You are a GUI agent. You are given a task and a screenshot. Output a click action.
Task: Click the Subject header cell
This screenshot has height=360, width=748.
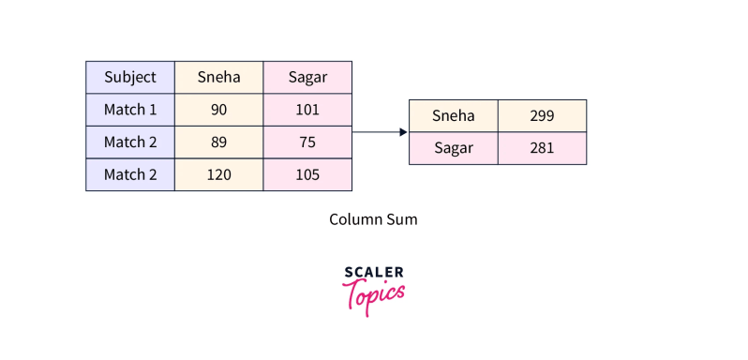tap(130, 77)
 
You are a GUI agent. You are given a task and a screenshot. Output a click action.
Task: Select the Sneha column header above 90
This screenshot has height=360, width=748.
tap(218, 77)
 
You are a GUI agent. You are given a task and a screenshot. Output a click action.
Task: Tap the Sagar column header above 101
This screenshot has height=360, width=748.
tap(307, 77)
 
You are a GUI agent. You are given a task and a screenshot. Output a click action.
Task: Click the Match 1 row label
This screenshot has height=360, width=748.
tap(130, 110)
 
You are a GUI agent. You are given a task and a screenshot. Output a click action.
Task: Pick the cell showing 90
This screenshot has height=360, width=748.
tap(218, 110)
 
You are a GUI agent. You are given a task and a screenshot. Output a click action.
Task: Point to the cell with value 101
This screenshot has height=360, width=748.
tap(307, 110)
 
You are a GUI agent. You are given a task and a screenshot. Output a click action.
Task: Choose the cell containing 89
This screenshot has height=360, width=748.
tap(218, 142)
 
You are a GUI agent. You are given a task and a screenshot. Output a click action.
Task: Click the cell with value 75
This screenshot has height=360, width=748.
tap(307, 142)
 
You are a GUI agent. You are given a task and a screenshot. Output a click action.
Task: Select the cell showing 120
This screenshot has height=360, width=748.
tap(218, 174)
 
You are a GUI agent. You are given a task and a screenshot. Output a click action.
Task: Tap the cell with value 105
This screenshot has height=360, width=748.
tap(307, 174)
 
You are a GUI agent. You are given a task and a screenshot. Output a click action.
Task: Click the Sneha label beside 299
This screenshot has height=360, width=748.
tap(454, 116)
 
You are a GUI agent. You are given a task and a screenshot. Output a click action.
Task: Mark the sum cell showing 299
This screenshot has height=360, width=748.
tap(542, 116)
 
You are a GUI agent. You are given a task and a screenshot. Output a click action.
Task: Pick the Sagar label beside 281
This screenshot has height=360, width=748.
tap(454, 148)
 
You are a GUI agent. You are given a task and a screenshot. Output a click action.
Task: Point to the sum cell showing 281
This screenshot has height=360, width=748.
tap(542, 148)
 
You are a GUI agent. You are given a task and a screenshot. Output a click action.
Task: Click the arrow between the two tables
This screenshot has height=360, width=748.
tap(380, 132)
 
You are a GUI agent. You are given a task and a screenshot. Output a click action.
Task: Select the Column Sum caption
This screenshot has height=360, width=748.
tap(373, 219)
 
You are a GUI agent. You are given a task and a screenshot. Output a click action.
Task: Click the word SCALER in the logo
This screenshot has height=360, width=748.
tap(374, 273)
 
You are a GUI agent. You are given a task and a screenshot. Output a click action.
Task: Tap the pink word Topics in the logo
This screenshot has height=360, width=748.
tap(375, 293)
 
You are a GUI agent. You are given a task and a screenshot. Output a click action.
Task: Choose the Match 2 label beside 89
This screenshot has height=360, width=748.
tap(130, 142)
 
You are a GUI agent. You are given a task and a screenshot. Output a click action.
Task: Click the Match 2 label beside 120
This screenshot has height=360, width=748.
tap(130, 174)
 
